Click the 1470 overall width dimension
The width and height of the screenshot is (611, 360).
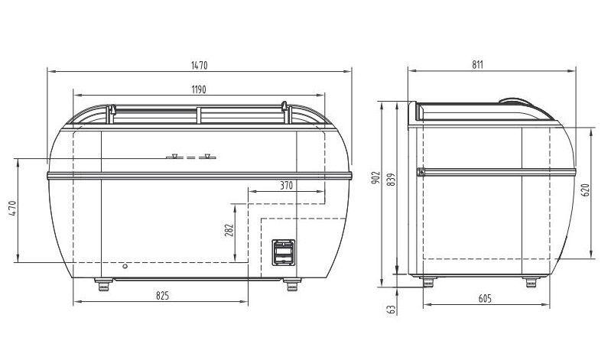point(199,65)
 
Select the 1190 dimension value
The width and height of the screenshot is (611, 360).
point(199,89)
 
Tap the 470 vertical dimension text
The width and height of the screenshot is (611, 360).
point(12,209)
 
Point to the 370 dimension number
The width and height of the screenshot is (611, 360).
point(287,186)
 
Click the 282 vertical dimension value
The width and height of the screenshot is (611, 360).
point(229,230)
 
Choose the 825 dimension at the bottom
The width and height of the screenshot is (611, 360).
point(162,296)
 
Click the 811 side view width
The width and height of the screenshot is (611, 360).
point(477,65)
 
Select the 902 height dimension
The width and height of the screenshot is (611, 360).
point(376,178)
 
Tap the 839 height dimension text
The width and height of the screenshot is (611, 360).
point(392,179)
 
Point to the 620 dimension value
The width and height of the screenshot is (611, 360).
point(585,190)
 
